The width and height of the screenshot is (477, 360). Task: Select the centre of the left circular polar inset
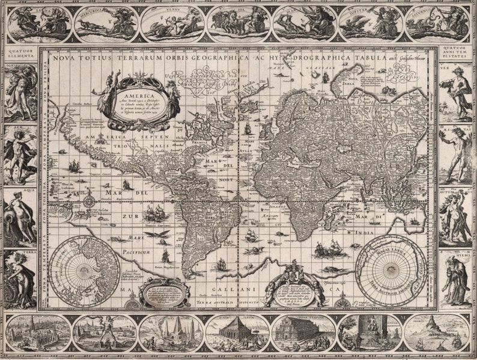[84, 271]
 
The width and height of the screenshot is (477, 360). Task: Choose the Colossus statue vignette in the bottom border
[105, 332]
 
